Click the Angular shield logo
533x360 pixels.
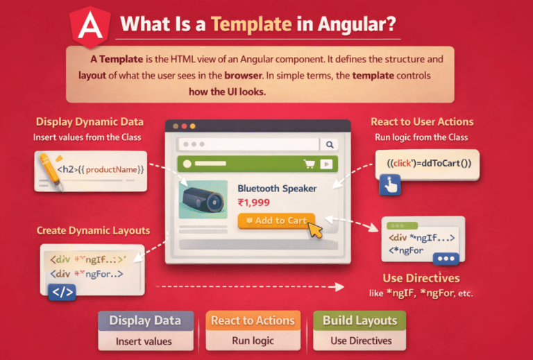click(90, 26)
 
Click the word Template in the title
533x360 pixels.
click(251, 24)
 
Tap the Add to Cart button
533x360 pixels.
click(276, 221)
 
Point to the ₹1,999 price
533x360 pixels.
click(253, 203)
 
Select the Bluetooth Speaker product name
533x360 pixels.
click(277, 189)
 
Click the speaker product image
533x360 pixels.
click(203, 199)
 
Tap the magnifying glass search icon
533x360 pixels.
click(330, 145)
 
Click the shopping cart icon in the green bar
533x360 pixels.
click(309, 164)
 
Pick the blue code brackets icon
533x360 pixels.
click(62, 293)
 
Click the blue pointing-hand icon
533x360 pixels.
click(390, 185)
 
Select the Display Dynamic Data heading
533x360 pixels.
click(90, 122)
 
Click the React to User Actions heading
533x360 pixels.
click(422, 121)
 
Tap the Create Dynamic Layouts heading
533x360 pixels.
click(93, 230)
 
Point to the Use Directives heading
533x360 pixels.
click(421, 278)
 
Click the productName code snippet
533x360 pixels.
click(101, 169)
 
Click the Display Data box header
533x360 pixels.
click(145, 320)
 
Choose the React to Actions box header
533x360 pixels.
click(253, 320)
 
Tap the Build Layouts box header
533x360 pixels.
click(359, 320)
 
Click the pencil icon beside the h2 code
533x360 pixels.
click(51, 171)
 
